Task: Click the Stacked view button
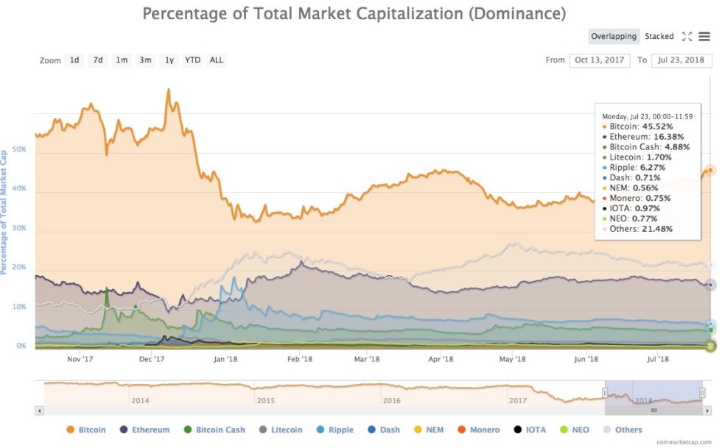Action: [x=659, y=36]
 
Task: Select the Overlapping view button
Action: [x=614, y=36]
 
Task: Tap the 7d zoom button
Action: [x=97, y=60]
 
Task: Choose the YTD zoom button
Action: [x=192, y=60]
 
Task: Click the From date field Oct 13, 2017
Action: [x=600, y=60]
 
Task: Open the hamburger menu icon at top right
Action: [x=704, y=36]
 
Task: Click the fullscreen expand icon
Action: [x=687, y=36]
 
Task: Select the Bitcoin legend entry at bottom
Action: [x=86, y=430]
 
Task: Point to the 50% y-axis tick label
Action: [x=18, y=149]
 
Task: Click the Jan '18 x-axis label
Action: [x=225, y=359]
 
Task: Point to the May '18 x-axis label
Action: [x=512, y=359]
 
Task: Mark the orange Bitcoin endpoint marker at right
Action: [x=710, y=170]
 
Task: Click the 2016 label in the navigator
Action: [x=391, y=400]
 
